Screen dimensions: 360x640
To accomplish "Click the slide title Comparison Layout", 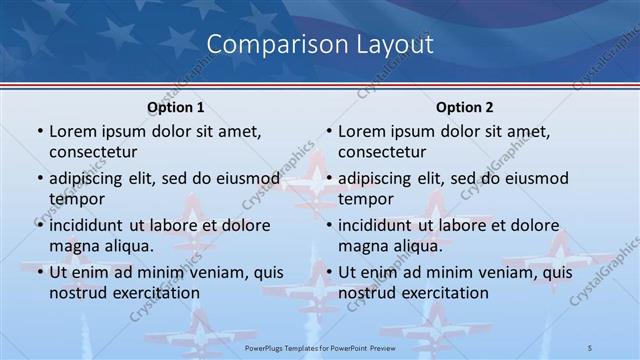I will click(320, 45).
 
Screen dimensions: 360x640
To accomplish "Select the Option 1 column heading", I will click(175, 107).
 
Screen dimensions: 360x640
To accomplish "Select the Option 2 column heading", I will click(465, 107).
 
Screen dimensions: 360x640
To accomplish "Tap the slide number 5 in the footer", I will click(590, 347).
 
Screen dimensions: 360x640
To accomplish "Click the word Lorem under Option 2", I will click(362, 131).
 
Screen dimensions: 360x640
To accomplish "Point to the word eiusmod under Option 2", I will click(535, 178).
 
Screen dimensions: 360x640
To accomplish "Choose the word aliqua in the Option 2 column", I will click(418, 245).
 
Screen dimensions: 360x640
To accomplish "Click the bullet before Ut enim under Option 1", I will click(39, 271).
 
